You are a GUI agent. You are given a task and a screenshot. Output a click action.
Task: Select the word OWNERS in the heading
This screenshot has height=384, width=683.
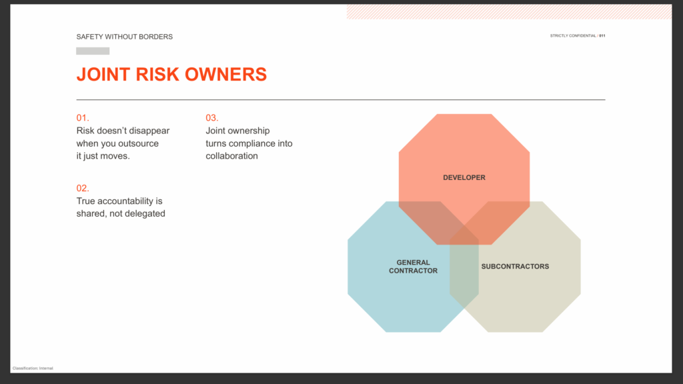click(225, 75)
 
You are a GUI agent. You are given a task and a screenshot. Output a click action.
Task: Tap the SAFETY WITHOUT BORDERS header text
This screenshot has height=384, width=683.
click(125, 37)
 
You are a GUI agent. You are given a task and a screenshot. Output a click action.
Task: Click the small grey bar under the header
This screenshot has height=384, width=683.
click(93, 51)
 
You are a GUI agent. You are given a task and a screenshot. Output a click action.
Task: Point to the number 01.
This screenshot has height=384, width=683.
click(83, 118)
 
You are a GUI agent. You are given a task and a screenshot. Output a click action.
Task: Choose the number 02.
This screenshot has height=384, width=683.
click(83, 188)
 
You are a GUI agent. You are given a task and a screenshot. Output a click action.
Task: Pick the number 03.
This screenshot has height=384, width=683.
click(212, 118)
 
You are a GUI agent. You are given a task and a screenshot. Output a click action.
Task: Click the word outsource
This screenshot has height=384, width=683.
click(139, 144)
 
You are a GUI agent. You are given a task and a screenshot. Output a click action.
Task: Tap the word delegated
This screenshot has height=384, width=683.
click(144, 214)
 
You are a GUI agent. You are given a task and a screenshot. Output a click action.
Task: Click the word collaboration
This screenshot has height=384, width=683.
click(231, 156)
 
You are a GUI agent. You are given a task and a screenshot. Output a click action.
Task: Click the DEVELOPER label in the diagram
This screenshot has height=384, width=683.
click(464, 177)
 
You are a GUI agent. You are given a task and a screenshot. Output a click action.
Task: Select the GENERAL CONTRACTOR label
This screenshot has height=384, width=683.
click(414, 267)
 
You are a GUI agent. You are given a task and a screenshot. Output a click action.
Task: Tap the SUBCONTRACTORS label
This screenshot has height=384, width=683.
click(516, 267)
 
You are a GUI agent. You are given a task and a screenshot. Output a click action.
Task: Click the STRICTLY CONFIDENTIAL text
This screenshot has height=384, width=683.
click(573, 36)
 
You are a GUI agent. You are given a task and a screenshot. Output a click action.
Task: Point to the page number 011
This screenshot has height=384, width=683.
click(602, 36)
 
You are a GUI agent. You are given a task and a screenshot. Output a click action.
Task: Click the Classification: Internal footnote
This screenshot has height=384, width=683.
click(33, 368)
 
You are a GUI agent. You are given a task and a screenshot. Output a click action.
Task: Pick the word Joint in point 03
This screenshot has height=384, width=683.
click(215, 131)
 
